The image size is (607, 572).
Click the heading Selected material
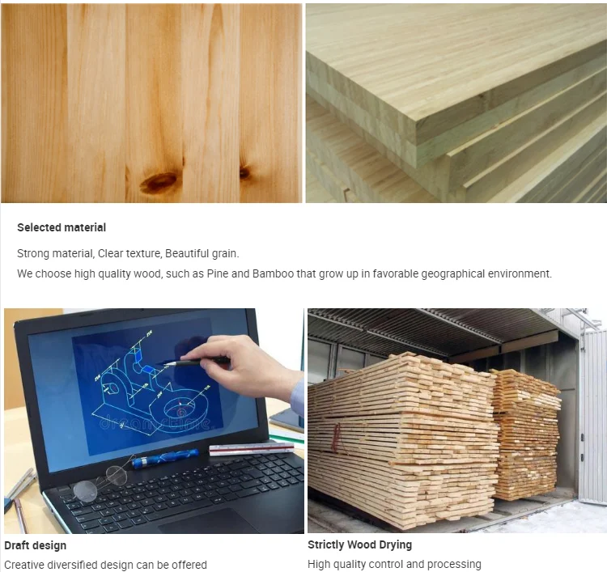pyautogui.click(x=62, y=227)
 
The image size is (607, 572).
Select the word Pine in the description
pyautogui.click(x=218, y=273)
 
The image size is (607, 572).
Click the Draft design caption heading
pyautogui.click(x=36, y=545)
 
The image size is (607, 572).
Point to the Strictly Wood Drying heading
pyautogui.click(x=359, y=544)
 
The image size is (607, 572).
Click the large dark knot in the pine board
pyautogui.click(x=160, y=181)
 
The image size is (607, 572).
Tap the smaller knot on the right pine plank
pyautogui.click(x=245, y=172)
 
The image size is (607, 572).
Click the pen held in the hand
pyautogui.click(x=193, y=362)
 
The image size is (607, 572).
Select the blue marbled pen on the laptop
pyautogui.click(x=165, y=458)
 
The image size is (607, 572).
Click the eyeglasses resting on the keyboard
pyautogui.click(x=100, y=482)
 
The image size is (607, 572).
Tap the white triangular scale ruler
pyautogui.click(x=251, y=449)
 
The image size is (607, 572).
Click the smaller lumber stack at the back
pyautogui.click(x=527, y=434)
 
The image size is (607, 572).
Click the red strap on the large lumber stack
pyautogui.click(x=336, y=438)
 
